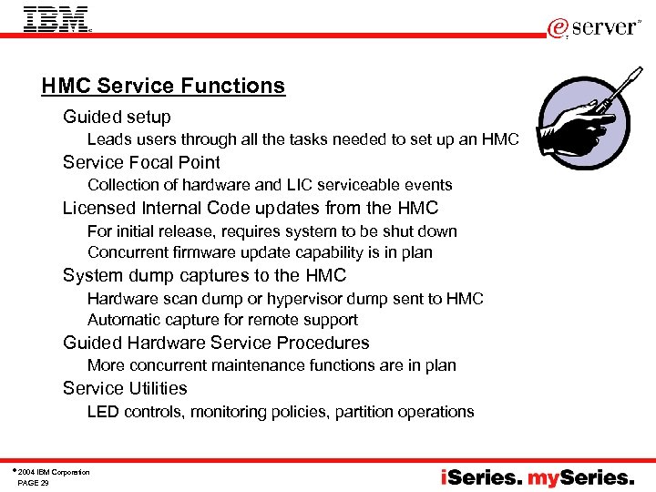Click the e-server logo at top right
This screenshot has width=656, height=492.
595,27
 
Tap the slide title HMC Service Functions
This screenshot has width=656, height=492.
163,87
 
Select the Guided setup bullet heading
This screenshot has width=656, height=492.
117,118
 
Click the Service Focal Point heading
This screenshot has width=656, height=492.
141,163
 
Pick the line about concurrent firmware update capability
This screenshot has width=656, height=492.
260,252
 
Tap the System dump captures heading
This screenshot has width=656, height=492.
204,275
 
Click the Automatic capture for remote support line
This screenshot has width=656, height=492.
222,320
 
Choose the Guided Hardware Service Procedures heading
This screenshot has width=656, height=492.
216,343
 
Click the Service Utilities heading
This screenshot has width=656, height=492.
125,389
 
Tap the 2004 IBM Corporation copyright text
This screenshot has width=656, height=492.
53,472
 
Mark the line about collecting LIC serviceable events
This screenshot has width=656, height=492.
270,185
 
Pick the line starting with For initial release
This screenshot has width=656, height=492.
272,231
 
